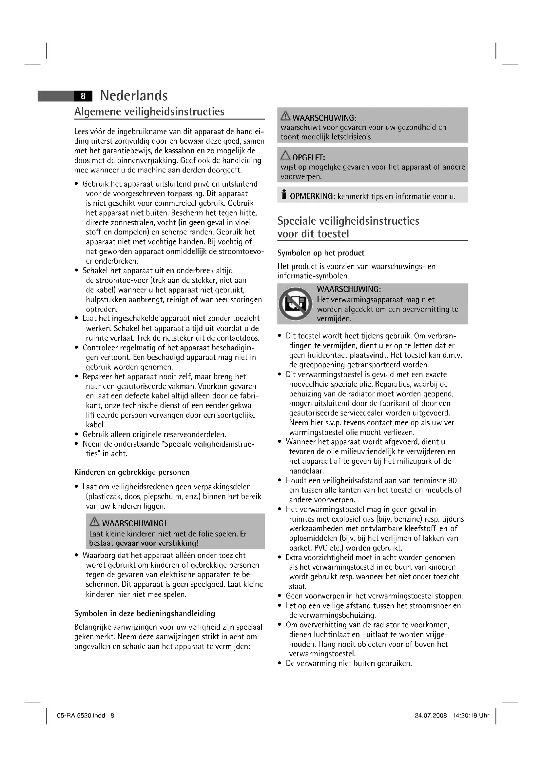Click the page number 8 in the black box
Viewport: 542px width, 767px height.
[83, 96]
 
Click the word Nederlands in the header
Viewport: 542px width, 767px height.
[134, 96]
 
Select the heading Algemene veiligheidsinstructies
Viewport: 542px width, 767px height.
[149, 111]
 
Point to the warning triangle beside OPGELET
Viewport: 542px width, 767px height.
[285, 155]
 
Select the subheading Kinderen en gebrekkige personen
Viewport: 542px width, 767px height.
[132, 472]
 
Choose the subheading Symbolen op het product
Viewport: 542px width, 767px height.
[321, 253]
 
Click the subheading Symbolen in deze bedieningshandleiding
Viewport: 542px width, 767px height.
[145, 613]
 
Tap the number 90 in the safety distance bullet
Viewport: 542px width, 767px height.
[453, 480]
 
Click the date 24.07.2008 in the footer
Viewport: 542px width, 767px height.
[431, 715]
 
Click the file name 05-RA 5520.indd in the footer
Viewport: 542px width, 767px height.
[81, 715]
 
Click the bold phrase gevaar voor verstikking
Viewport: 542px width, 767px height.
[156, 543]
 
